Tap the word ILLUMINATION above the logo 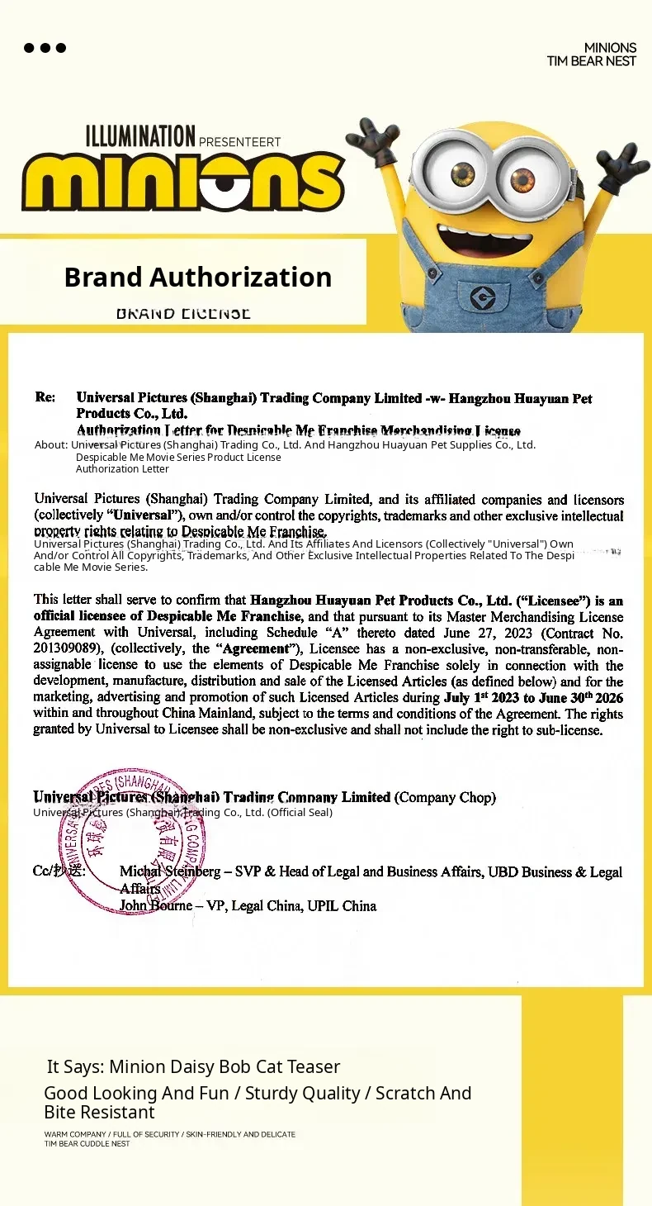[140, 136]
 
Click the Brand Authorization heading [198, 277]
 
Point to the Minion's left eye [463, 174]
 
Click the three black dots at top [45, 47]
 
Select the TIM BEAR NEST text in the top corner [591, 61]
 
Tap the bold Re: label [45, 397]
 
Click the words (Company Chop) [445, 797]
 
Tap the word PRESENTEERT [240, 141]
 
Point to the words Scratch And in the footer [423, 1093]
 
